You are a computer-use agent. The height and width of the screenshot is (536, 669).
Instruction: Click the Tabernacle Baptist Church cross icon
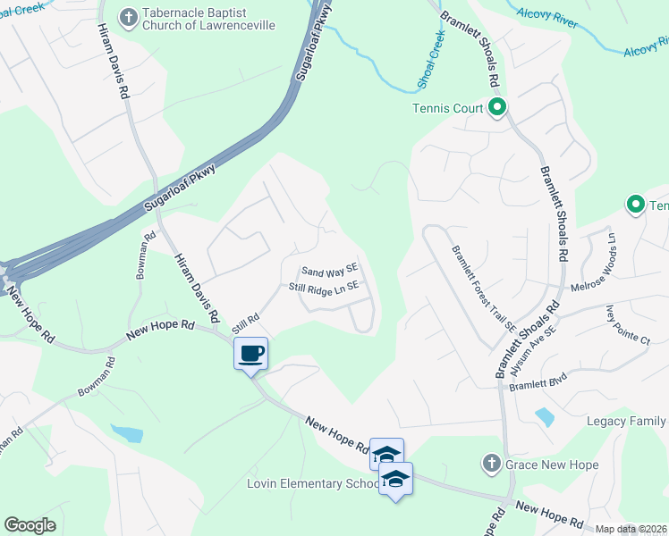(x=130, y=16)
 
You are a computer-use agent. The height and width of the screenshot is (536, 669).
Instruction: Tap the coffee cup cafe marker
(x=251, y=353)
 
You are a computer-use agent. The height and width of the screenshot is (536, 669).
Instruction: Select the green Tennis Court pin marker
(x=498, y=108)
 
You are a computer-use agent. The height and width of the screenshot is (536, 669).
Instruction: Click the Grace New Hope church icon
(x=490, y=465)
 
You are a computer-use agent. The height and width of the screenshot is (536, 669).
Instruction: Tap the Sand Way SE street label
(x=329, y=270)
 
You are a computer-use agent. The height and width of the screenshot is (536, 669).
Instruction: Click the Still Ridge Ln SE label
(x=323, y=287)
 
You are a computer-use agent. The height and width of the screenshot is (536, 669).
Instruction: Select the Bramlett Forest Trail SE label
(x=484, y=289)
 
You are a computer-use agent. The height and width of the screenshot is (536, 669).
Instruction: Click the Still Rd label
(x=246, y=322)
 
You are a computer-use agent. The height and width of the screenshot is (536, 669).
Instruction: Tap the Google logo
(x=30, y=525)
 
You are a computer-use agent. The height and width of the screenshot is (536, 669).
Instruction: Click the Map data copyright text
(x=630, y=529)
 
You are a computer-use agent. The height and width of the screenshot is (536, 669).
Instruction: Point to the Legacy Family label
(x=626, y=422)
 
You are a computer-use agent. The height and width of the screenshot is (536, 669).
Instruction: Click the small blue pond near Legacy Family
(x=543, y=416)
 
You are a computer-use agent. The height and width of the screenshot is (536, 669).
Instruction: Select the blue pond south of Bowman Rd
(x=128, y=434)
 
